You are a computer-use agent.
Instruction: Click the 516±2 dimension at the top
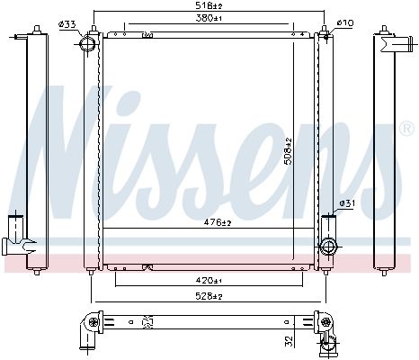pos(209,5)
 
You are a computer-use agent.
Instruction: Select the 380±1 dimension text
pos(209,18)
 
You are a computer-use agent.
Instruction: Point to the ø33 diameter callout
pos(67,24)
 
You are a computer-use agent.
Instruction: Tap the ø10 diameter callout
pos(345,22)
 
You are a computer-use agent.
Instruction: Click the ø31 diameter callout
pos(347,203)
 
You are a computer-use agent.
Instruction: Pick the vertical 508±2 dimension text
pos(288,151)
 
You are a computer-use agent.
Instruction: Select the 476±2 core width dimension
pos(218,222)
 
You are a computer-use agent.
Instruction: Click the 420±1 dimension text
pos(209,281)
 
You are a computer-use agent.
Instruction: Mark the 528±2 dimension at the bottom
pos(209,296)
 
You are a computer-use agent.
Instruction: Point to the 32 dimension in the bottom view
pos(289,340)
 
